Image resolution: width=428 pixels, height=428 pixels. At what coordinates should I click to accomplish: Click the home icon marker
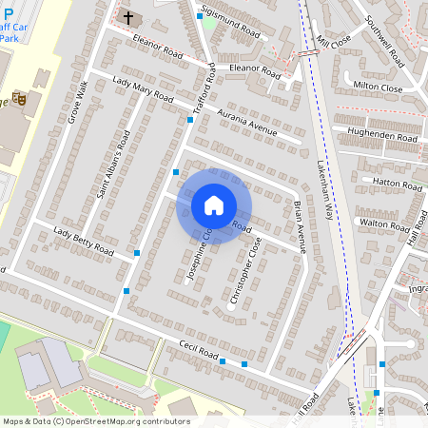[x=214, y=205]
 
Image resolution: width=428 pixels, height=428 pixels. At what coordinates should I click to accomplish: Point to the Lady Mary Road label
[x=144, y=89]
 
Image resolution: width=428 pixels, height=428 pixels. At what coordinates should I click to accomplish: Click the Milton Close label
[x=378, y=87]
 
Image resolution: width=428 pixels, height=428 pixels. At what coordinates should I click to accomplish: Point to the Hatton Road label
[x=390, y=181]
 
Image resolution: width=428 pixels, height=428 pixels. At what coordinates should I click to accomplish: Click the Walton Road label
[x=383, y=224]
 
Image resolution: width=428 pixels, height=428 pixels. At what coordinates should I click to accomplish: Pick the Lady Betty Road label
[x=84, y=243]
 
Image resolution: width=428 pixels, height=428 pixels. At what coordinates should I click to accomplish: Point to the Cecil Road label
[x=194, y=350]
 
